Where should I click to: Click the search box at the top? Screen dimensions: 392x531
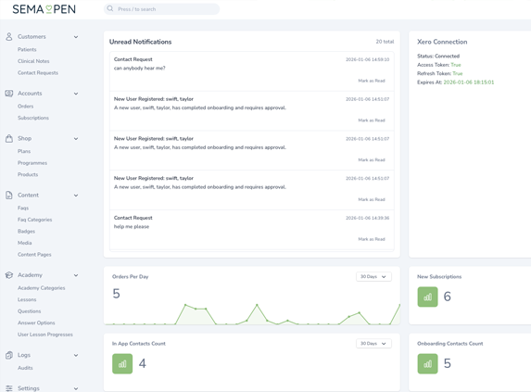[162, 9]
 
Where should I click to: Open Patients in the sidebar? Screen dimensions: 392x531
[27, 49]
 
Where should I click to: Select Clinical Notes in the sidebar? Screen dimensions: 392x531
[33, 61]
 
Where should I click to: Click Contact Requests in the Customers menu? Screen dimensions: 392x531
[38, 72]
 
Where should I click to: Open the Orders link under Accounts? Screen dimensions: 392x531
[25, 107]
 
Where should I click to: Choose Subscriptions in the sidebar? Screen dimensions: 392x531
[33, 118]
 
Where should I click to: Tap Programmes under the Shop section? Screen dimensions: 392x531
[32, 163]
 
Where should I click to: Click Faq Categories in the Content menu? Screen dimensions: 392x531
[35, 220]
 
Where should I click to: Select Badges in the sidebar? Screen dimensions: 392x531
[26, 232]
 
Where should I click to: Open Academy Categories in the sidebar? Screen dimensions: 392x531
[42, 288]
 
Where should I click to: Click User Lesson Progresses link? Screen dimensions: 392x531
[45, 335]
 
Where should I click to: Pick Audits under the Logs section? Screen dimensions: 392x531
[25, 368]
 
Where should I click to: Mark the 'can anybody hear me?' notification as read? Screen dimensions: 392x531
[372, 81]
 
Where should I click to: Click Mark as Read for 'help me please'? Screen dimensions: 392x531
[372, 239]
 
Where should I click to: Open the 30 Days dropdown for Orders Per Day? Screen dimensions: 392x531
[373, 277]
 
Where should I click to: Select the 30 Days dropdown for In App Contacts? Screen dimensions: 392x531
[373, 344]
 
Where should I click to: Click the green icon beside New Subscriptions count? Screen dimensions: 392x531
[427, 297]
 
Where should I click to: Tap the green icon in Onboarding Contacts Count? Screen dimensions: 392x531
[427, 363]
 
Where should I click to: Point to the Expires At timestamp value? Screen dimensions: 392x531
[469, 82]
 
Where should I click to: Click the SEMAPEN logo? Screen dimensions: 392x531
[44, 9]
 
